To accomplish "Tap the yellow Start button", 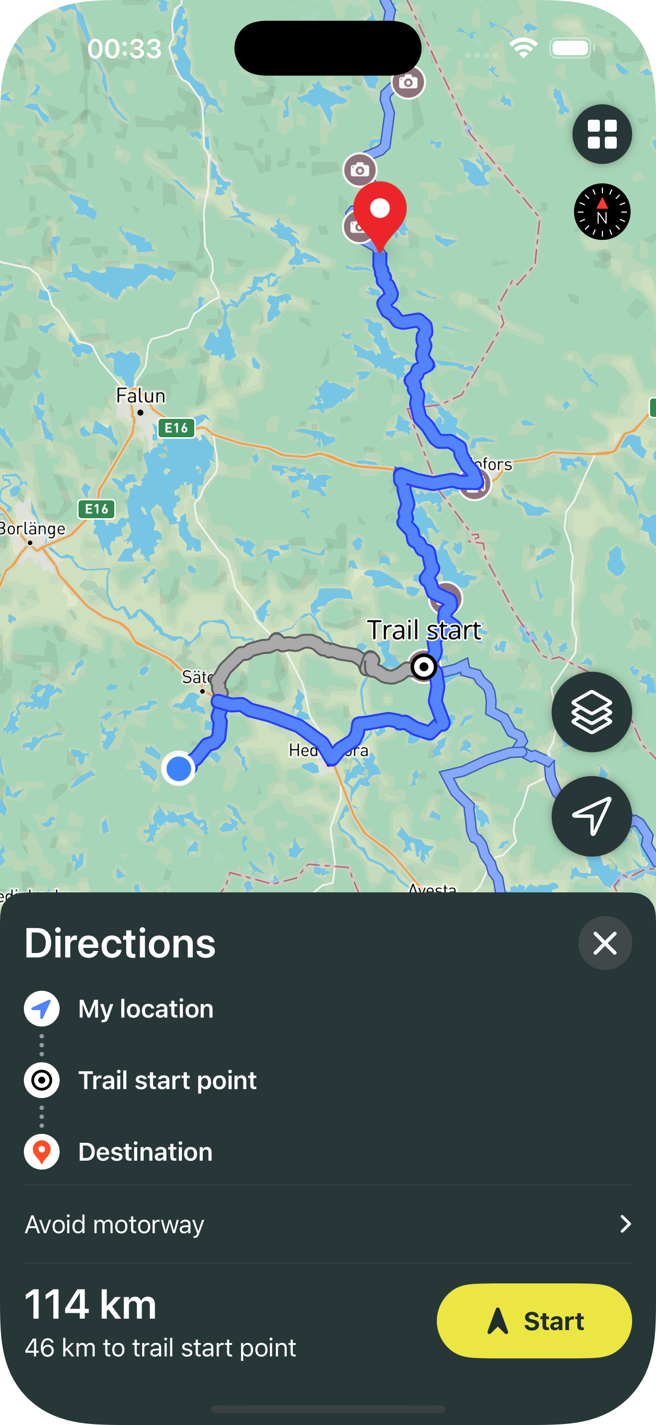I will point(534,1321).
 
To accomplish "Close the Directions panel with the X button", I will point(604,943).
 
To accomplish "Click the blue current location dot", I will point(178,768).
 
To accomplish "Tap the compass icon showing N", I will point(602,211).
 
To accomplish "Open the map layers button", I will point(591,712).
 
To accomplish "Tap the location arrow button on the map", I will point(591,815).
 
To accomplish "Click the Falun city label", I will point(141,396).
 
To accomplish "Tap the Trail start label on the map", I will point(424,631).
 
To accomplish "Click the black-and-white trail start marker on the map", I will point(424,667).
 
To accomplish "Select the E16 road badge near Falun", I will point(176,428).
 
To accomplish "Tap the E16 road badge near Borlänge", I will point(96,509).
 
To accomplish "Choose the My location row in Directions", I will point(146,1009).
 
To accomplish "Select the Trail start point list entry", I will point(167,1080).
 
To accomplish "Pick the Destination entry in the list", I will point(145,1152).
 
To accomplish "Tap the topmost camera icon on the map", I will point(408,82).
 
